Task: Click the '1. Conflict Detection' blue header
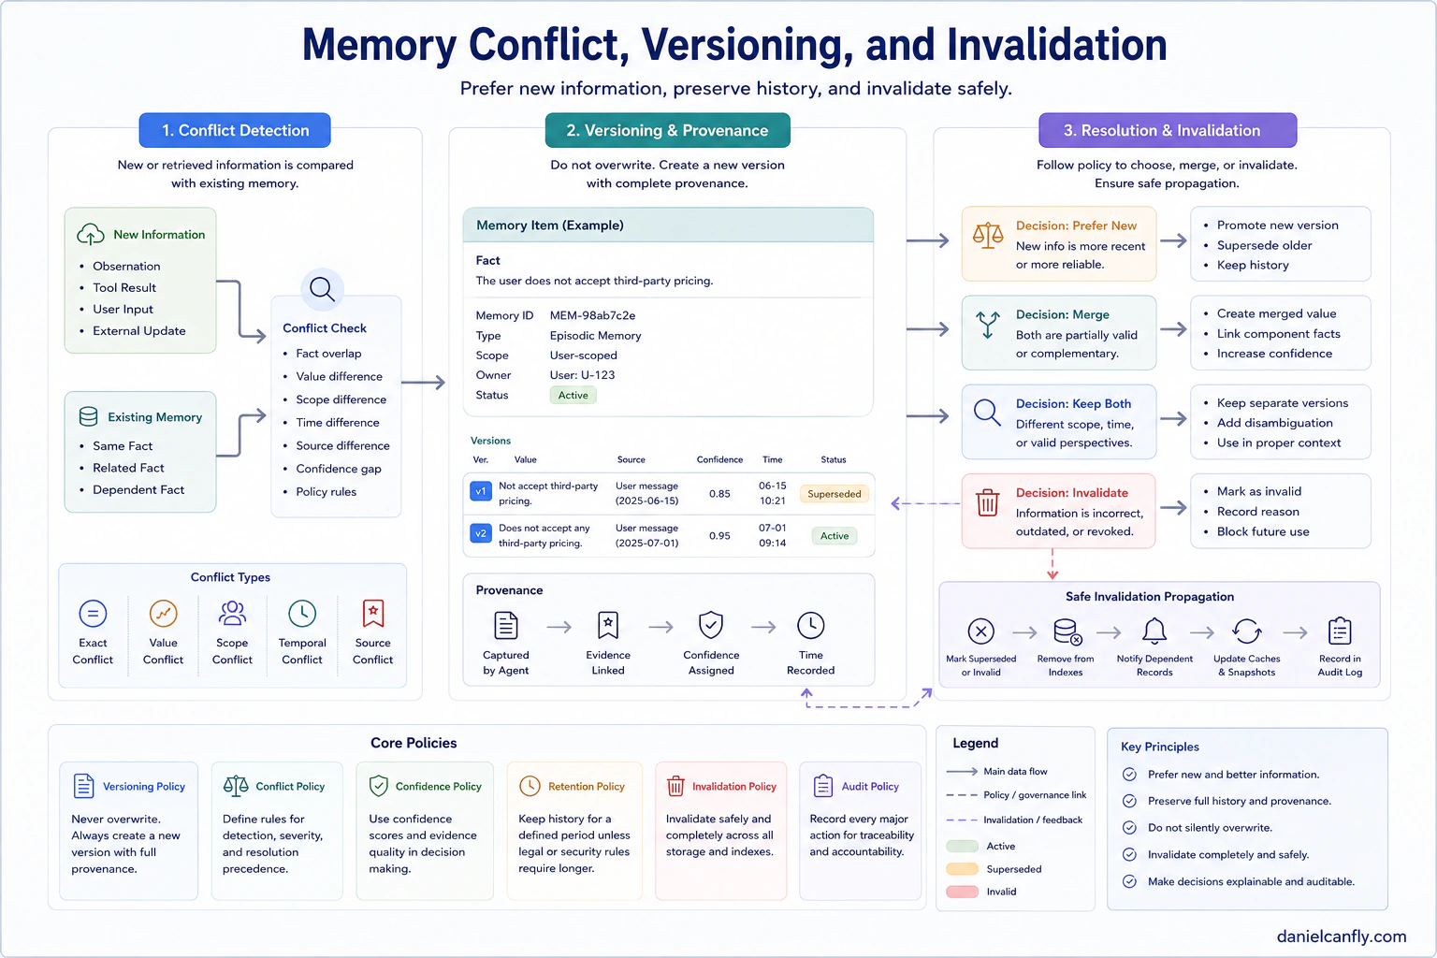[x=235, y=130]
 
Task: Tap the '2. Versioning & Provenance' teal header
[x=667, y=130]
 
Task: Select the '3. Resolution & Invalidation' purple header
[x=1168, y=130]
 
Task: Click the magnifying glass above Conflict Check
[x=322, y=289]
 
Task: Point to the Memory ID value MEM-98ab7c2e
[x=592, y=315]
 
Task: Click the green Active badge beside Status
[x=573, y=395]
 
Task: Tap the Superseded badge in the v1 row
[x=834, y=493]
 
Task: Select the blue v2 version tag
[x=481, y=533]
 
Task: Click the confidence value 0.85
[x=719, y=493]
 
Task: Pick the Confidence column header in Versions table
[x=719, y=459]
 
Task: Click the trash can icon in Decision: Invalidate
[x=987, y=501]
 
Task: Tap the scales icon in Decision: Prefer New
[x=988, y=236]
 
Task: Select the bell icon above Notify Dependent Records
[x=1154, y=631]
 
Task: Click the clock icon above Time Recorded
[x=811, y=625]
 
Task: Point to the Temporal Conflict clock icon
[x=302, y=614]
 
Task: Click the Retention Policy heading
[x=587, y=787]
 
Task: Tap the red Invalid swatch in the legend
[x=963, y=892]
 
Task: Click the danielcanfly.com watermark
[x=1342, y=936]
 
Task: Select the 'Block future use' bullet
[x=1263, y=532]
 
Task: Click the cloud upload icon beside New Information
[x=91, y=234]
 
